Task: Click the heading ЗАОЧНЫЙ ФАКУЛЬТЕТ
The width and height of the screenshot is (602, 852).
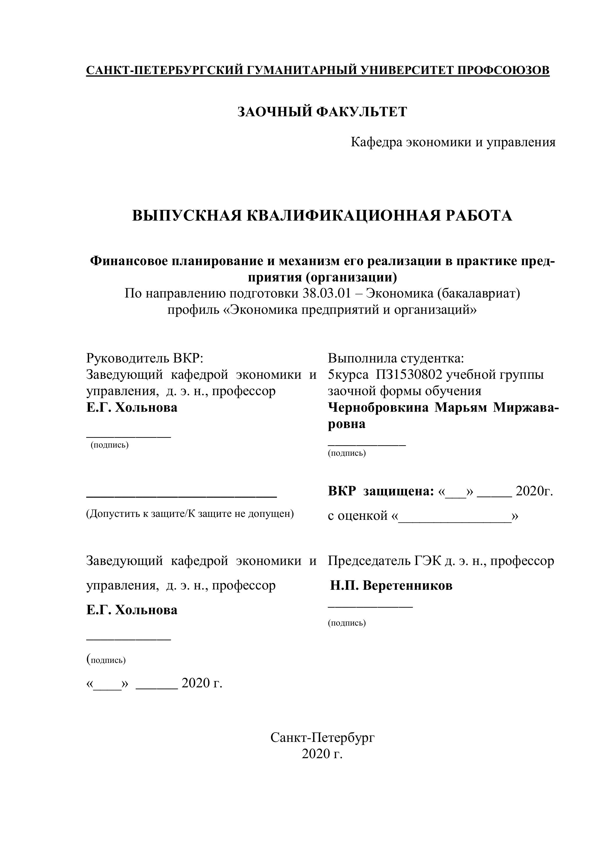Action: click(x=322, y=112)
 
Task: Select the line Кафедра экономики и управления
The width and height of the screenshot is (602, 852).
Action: click(x=453, y=142)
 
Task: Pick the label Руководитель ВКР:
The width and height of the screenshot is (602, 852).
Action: click(x=145, y=358)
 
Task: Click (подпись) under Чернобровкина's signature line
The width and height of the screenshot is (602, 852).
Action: click(x=347, y=453)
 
